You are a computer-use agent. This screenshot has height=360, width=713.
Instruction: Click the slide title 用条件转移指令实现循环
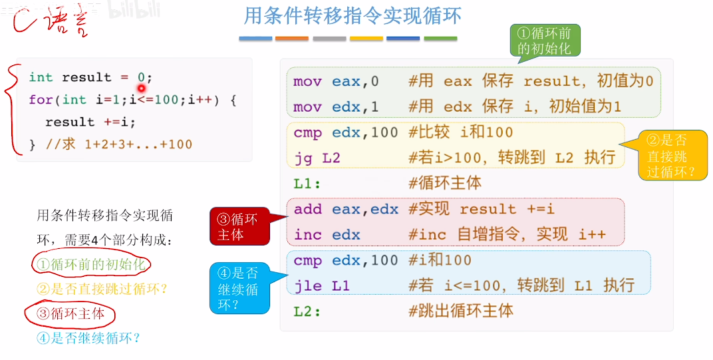(x=352, y=16)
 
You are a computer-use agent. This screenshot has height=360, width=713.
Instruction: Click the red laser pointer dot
(x=142, y=88)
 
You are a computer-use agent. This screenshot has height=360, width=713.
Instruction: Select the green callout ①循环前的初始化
(x=544, y=41)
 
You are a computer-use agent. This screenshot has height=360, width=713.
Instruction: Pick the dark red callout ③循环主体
(x=239, y=226)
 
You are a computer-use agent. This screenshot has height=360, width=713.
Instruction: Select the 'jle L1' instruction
(x=321, y=286)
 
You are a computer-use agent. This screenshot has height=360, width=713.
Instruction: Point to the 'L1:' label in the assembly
(x=307, y=183)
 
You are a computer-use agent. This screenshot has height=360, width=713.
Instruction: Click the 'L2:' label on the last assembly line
(x=307, y=311)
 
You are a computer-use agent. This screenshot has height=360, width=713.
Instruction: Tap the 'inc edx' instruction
(x=327, y=234)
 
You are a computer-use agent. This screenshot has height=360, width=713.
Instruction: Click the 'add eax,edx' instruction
(x=346, y=209)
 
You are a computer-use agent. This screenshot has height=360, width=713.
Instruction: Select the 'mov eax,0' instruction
(x=336, y=81)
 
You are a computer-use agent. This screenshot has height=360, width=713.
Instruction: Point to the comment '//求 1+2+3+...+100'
(x=118, y=144)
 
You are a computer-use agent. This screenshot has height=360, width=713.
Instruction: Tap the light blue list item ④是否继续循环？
(x=88, y=337)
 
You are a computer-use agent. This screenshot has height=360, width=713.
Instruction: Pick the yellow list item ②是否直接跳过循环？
(x=101, y=289)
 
